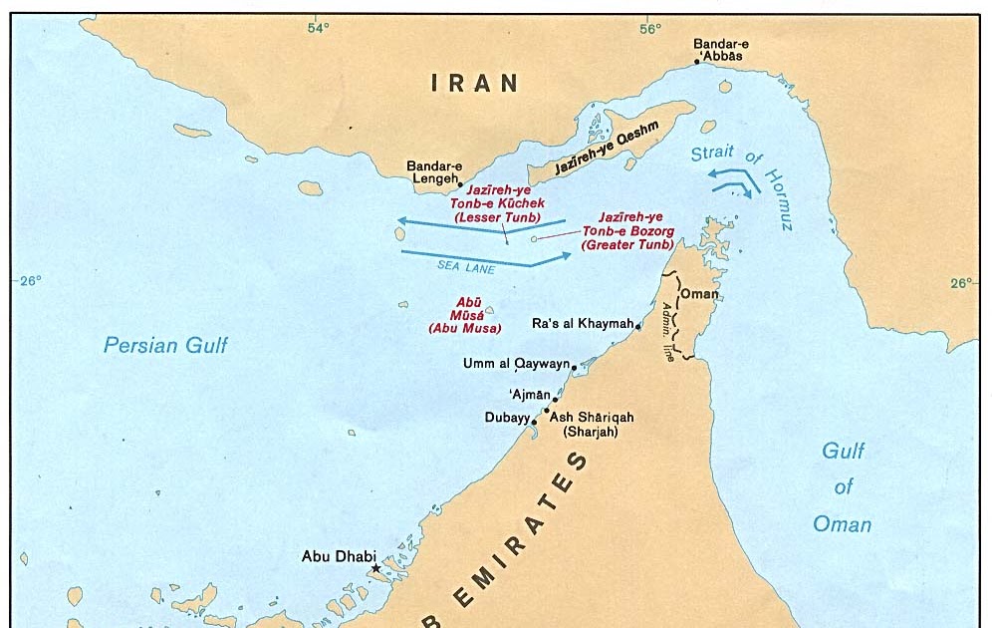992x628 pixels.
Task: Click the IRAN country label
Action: coord(475,84)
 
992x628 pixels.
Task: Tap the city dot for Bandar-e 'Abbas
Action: coord(697,62)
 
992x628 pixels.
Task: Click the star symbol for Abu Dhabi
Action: coord(375,569)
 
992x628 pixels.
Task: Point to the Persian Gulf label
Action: coord(165,346)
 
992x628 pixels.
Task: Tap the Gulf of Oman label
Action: coord(843,487)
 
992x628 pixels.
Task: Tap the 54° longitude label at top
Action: coord(318,28)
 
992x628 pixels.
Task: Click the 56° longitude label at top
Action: coord(649,28)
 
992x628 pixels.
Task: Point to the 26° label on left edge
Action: coord(30,281)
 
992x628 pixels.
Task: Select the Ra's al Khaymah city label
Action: coord(582,324)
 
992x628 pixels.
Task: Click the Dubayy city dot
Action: coord(535,422)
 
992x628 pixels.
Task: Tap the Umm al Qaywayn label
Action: coord(515,364)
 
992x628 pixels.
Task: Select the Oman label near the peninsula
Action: coord(698,294)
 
